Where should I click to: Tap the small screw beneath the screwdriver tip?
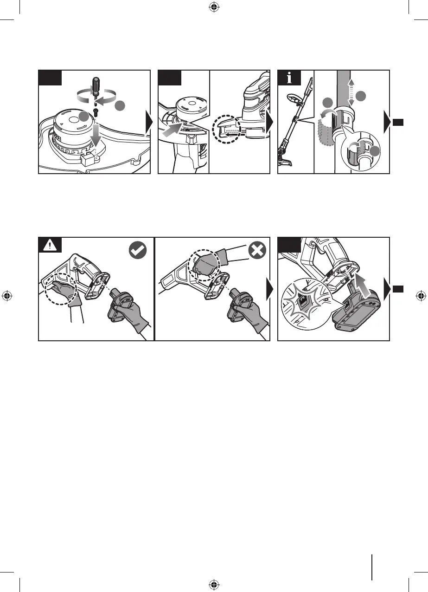point(94,111)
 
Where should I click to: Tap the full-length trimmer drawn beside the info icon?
point(294,125)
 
